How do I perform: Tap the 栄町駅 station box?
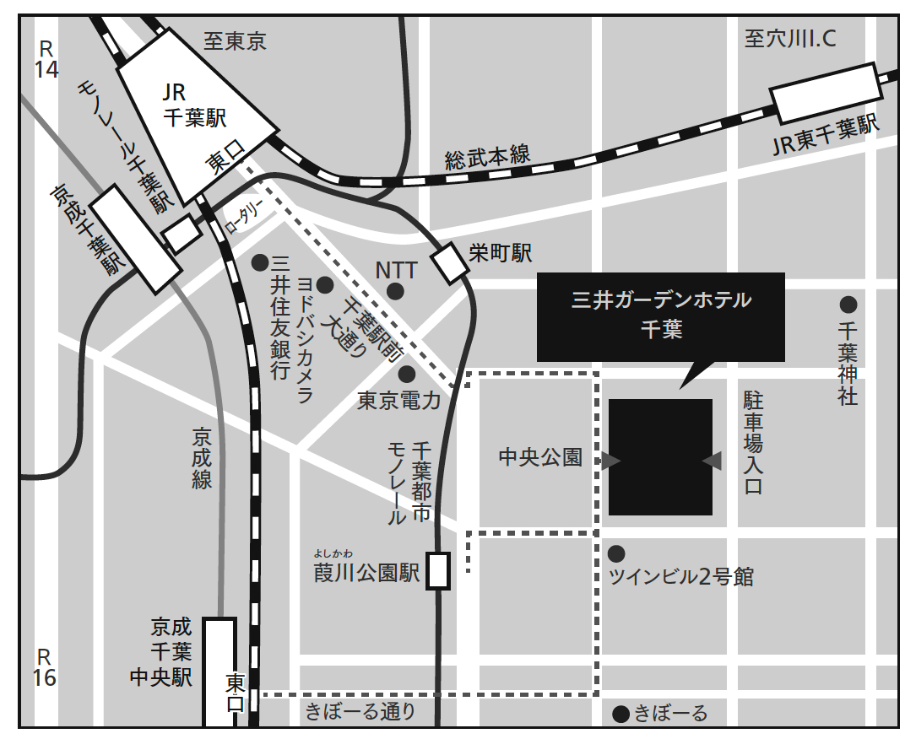pyautogui.click(x=450, y=265)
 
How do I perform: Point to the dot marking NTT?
pyautogui.click(x=394, y=292)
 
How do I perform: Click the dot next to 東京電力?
pyautogui.click(x=407, y=373)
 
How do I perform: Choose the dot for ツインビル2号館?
pyautogui.click(x=617, y=553)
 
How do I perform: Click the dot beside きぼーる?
pyautogui.click(x=621, y=714)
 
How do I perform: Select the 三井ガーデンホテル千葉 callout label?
pyautogui.click(x=661, y=315)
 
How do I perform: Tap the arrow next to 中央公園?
pyautogui.click(x=611, y=460)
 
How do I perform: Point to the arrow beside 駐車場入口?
pyautogui.click(x=712, y=460)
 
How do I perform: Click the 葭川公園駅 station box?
pyautogui.click(x=438, y=570)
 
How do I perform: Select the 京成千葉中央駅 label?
pyautogui.click(x=171, y=651)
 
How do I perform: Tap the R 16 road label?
pyautogui.click(x=45, y=666)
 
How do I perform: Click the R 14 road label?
pyautogui.click(x=46, y=58)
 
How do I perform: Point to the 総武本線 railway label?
pyautogui.click(x=487, y=157)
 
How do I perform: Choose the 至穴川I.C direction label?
pyautogui.click(x=790, y=38)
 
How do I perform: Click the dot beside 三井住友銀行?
pyautogui.click(x=260, y=262)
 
